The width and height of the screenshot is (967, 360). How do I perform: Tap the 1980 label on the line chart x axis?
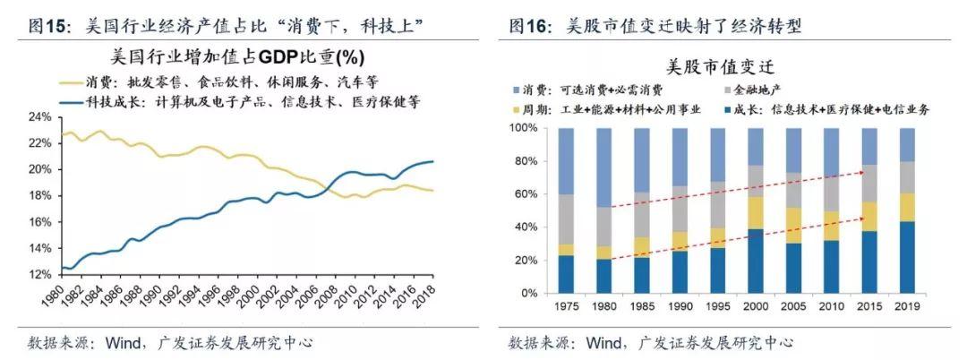point(63,293)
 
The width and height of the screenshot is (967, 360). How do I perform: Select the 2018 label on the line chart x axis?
point(431,293)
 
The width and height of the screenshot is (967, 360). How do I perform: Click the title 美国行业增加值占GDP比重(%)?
point(236,58)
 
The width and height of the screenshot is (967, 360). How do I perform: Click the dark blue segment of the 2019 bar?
point(907,257)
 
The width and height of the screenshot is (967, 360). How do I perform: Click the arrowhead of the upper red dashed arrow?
point(862,169)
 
